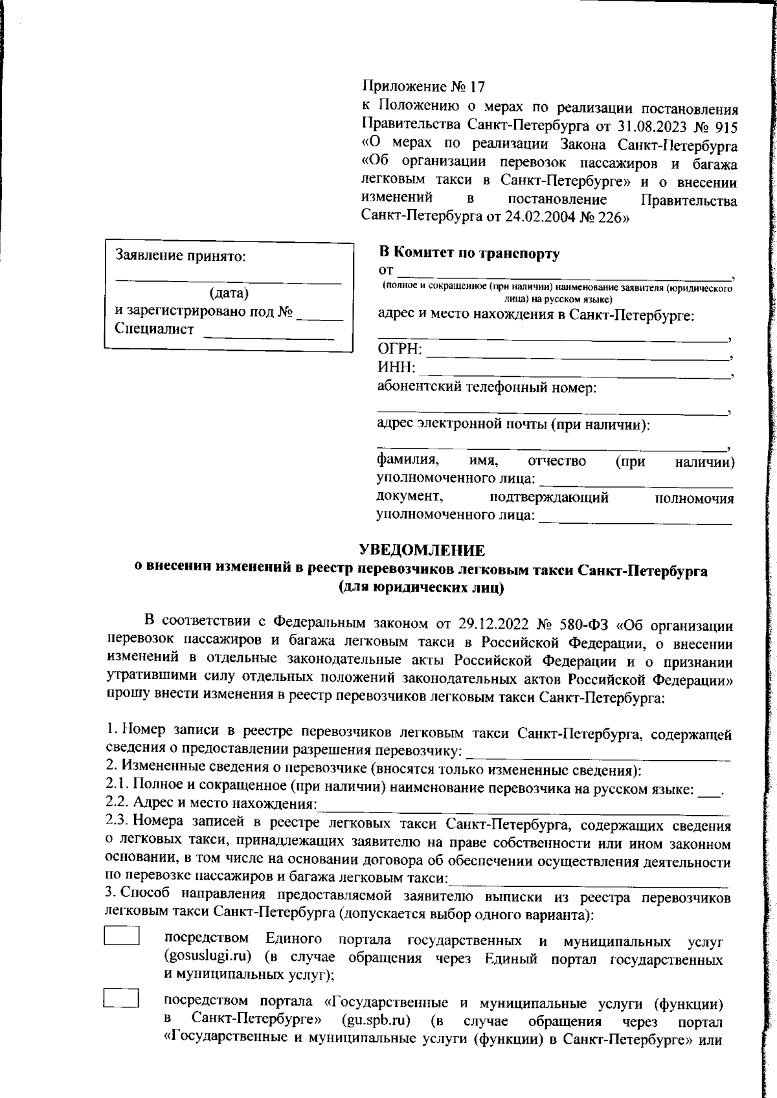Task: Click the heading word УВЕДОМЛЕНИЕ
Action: tap(422, 550)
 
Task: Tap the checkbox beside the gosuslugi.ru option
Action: tap(122, 937)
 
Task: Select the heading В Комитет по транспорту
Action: tap(468, 253)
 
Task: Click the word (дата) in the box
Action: tap(229, 293)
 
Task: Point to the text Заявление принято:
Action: tap(181, 256)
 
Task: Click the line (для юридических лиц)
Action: tap(421, 588)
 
